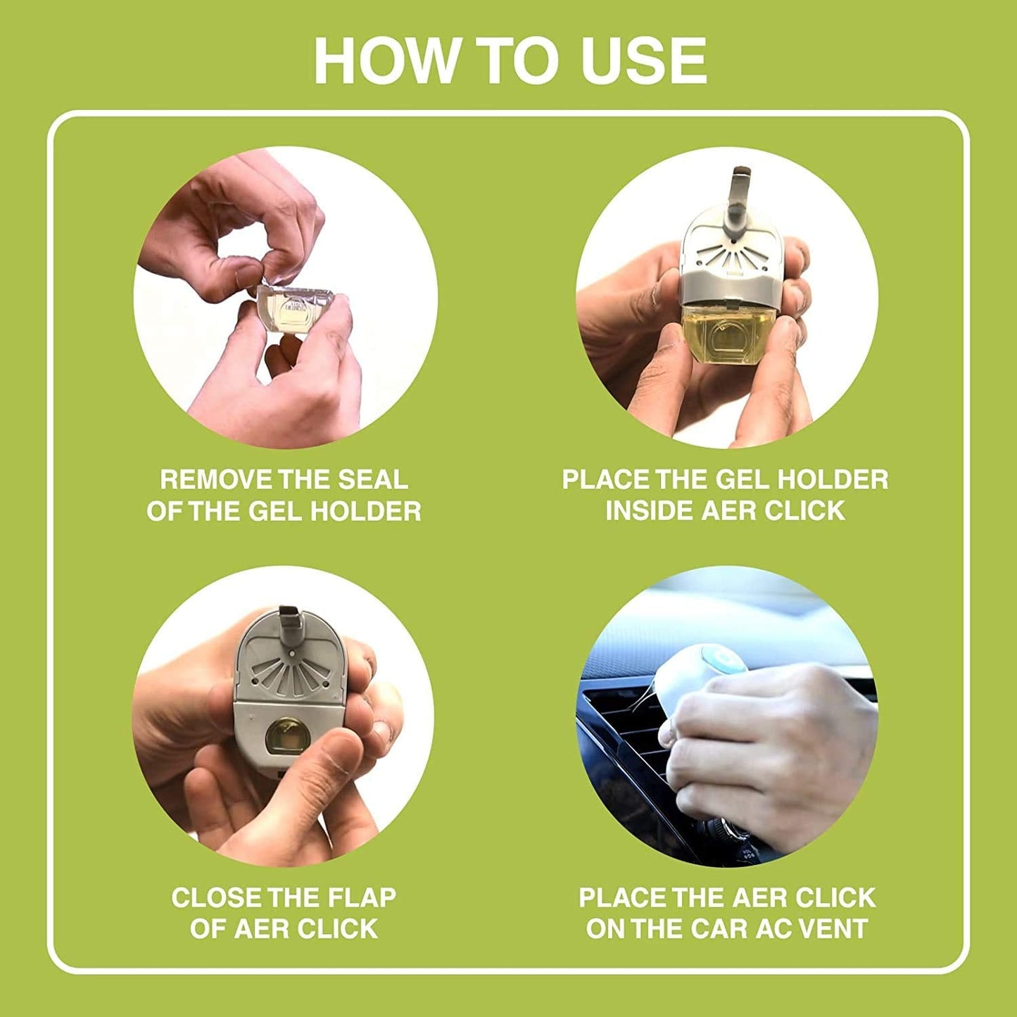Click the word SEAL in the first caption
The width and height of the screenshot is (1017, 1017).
[x=372, y=479]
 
